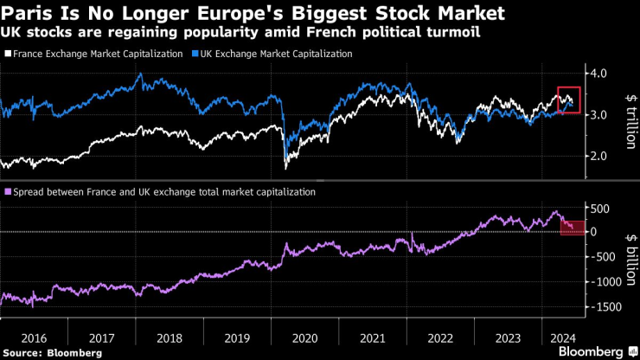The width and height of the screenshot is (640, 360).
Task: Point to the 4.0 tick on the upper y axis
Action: point(599,74)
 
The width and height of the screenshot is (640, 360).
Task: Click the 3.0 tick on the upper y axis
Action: point(599,115)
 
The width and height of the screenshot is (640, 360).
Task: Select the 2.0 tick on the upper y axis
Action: point(599,156)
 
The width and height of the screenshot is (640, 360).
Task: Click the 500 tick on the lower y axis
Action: point(600,208)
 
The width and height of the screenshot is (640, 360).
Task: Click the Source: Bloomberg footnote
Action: point(53,353)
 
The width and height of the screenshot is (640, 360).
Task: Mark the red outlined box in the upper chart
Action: point(568,100)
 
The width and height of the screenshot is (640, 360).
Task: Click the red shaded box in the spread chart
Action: point(571,228)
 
